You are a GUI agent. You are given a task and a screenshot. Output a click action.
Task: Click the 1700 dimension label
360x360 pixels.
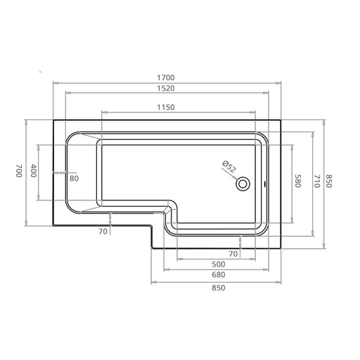click(x=166, y=77)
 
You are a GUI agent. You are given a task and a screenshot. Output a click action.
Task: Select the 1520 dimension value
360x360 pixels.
click(x=166, y=89)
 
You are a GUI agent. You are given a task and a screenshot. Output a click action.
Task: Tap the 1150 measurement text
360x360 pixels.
click(x=166, y=108)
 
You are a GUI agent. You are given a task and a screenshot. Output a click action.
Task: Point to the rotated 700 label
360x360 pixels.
click(x=19, y=170)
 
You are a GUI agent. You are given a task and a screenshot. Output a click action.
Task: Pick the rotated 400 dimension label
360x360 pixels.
click(x=34, y=170)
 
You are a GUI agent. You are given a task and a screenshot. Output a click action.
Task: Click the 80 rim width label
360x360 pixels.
click(x=74, y=179)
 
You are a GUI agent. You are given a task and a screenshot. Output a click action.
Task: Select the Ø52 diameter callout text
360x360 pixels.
click(x=229, y=167)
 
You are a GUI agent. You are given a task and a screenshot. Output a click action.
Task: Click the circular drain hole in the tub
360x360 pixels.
click(x=243, y=184)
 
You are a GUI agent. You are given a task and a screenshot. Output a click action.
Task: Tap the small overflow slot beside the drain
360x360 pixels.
click(x=264, y=184)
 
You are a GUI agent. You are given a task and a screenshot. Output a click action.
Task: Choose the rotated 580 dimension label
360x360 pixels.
click(x=297, y=181)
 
